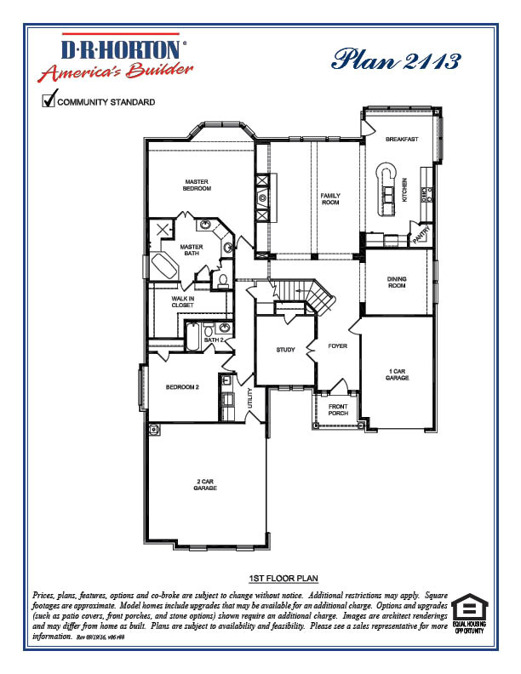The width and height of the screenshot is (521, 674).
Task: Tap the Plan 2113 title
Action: coord(396,60)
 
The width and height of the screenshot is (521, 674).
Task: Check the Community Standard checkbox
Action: coord(49,101)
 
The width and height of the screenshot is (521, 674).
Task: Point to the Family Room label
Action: coord(329,199)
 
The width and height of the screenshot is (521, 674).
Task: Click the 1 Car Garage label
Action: coord(397,374)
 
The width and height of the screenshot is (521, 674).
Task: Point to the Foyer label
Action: coord(339,346)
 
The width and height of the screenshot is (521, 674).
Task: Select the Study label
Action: coord(285,350)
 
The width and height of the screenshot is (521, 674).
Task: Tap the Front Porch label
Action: coord(338,409)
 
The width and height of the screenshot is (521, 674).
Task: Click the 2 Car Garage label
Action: coord(204,485)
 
